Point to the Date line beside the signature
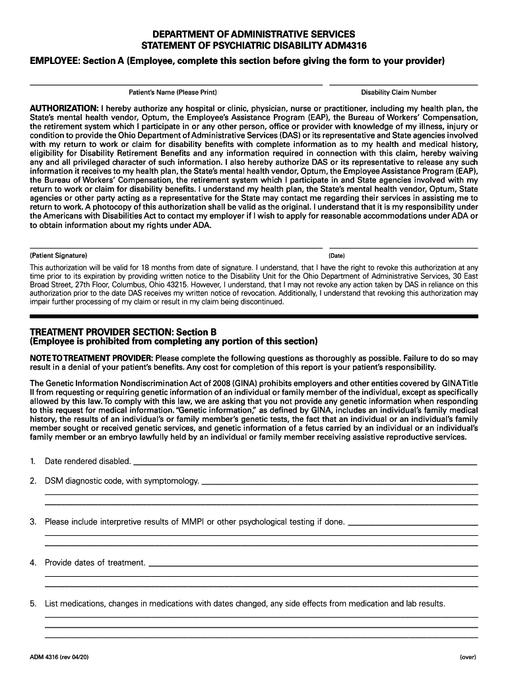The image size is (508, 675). click(x=403, y=248)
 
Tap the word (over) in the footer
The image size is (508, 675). click(x=468, y=657)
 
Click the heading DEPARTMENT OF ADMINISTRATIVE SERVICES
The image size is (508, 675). click(x=254, y=34)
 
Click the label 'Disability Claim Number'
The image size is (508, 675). click(x=398, y=92)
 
